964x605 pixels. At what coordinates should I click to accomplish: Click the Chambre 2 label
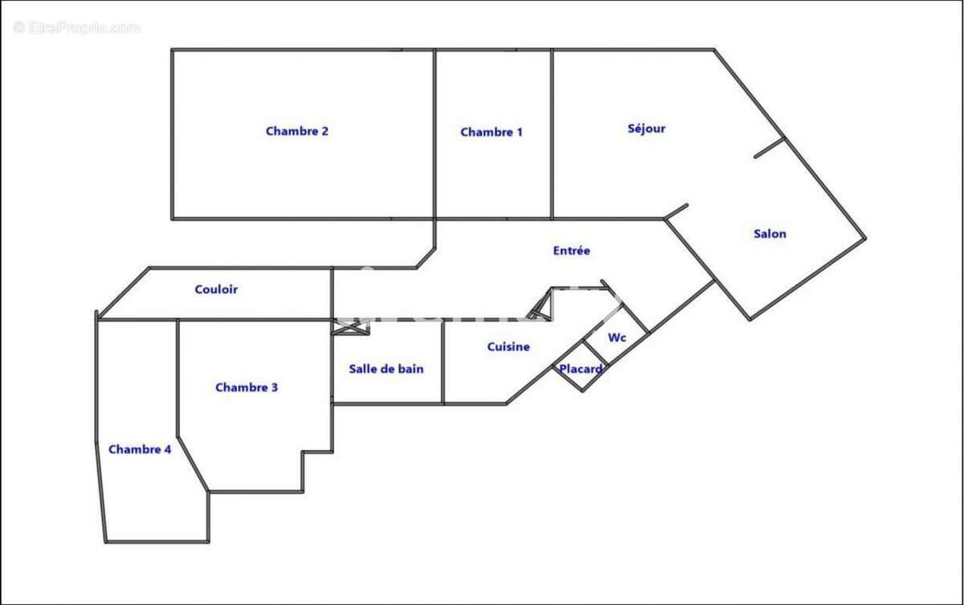pyautogui.click(x=296, y=131)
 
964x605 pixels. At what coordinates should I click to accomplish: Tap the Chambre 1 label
pyautogui.click(x=491, y=132)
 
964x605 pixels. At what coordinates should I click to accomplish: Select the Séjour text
pyautogui.click(x=646, y=129)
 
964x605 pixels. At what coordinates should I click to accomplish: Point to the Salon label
pyautogui.click(x=770, y=234)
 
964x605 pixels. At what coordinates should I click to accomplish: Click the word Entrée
pyautogui.click(x=571, y=251)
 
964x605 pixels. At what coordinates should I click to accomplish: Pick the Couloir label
pyautogui.click(x=216, y=289)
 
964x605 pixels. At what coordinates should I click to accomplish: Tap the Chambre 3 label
pyautogui.click(x=246, y=387)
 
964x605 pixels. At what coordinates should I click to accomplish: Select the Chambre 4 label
pyautogui.click(x=139, y=450)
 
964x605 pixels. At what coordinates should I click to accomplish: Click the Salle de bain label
pyautogui.click(x=386, y=369)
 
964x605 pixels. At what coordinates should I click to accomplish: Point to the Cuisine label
pyautogui.click(x=508, y=347)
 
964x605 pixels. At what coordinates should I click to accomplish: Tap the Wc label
pyautogui.click(x=616, y=337)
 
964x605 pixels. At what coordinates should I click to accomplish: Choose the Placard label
pyautogui.click(x=581, y=369)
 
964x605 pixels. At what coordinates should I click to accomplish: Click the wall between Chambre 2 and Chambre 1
pyautogui.click(x=435, y=133)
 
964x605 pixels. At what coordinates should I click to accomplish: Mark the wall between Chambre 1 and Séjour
pyautogui.click(x=552, y=133)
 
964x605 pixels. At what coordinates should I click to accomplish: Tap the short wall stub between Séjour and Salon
pyautogui.click(x=769, y=148)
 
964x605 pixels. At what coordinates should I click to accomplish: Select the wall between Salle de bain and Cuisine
pyautogui.click(x=443, y=362)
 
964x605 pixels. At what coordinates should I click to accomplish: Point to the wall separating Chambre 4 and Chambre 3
pyautogui.click(x=178, y=378)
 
